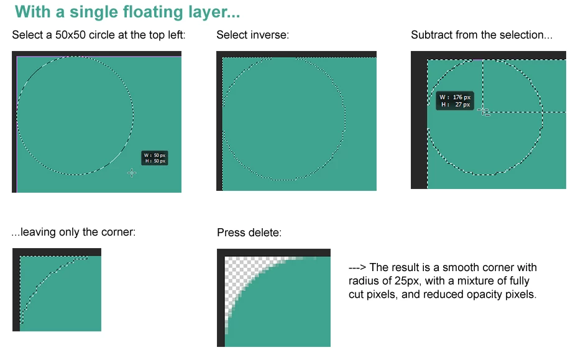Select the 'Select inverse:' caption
coord(252,35)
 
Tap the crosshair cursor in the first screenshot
coord(132,173)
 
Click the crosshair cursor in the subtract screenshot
coord(484,111)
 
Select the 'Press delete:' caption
coord(249,233)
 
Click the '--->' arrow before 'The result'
coord(357,267)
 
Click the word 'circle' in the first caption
coord(102,35)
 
